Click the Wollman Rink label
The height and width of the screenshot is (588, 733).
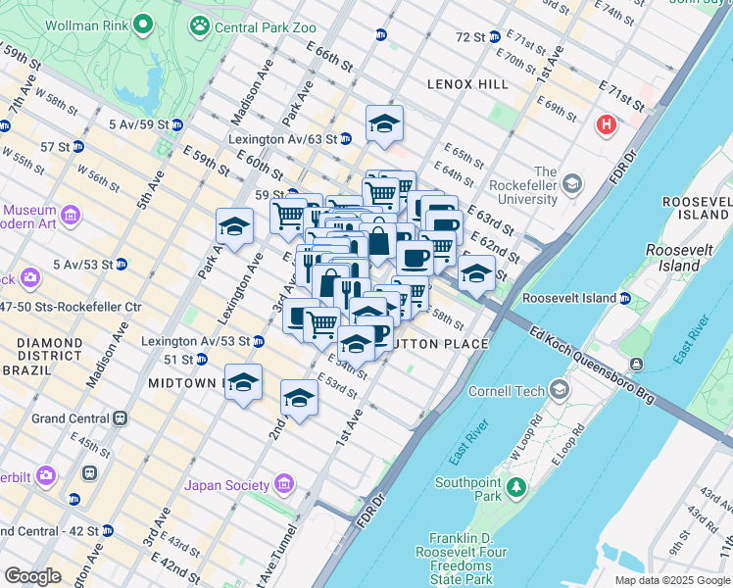tap(87, 22)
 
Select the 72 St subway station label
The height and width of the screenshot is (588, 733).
tap(470, 37)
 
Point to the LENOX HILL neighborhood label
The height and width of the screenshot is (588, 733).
tap(467, 84)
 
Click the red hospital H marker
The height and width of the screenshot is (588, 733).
tap(607, 125)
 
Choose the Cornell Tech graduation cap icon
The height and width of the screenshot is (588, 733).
tap(559, 390)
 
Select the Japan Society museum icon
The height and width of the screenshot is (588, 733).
tap(284, 484)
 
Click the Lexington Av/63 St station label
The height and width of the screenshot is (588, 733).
tap(275, 140)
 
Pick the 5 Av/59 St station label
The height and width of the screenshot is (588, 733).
tap(137, 124)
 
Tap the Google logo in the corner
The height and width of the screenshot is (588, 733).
tap(33, 575)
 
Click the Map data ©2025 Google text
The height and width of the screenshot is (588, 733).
tap(671, 579)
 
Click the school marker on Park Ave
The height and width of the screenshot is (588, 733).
tap(234, 227)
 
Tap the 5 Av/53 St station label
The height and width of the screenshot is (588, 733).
tap(83, 264)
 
